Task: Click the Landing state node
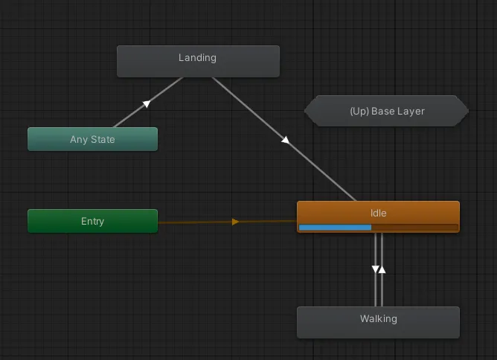198,61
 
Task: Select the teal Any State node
92,139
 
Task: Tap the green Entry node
92,221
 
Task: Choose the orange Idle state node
378,216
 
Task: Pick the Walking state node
378,322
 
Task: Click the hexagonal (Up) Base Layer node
386,111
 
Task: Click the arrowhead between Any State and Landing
147,103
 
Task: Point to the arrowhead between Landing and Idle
285,140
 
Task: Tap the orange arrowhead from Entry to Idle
235,222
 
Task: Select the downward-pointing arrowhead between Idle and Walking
375,269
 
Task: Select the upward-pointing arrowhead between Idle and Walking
382,269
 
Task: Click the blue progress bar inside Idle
335,227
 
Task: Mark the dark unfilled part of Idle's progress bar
414,227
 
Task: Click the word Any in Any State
79,139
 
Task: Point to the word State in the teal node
103,139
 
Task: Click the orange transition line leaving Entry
227,222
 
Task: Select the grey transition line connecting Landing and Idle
284,139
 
